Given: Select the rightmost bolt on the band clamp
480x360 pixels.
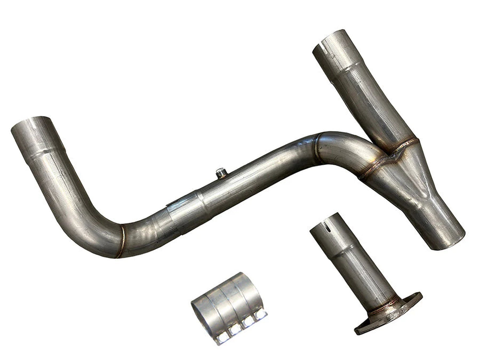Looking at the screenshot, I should [x=260, y=314].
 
